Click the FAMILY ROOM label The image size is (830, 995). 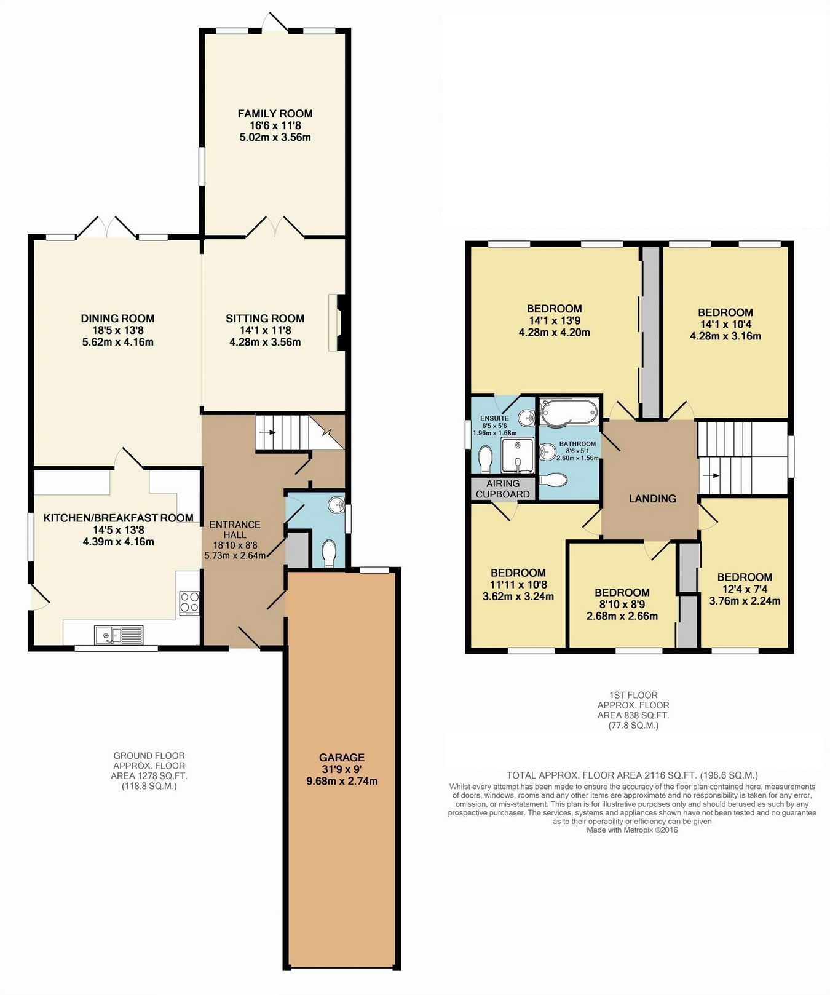tap(275, 114)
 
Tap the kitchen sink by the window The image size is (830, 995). tap(119, 634)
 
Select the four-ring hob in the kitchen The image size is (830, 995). tap(189, 603)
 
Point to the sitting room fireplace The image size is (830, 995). tap(338, 323)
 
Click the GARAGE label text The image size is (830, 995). tap(342, 758)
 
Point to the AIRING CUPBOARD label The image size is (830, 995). tap(503, 489)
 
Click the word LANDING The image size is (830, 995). tap(652, 499)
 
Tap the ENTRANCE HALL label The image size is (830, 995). tap(235, 530)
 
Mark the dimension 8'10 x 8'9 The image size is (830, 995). tap(622, 605)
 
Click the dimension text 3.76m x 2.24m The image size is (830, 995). tap(745, 601)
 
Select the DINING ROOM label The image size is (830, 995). tap(117, 319)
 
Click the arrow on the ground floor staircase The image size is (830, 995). tap(268, 432)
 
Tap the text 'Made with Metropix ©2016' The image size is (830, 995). tap(632, 830)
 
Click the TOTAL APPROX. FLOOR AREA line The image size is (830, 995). tap(632, 775)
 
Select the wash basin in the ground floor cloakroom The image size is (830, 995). tap(336, 505)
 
